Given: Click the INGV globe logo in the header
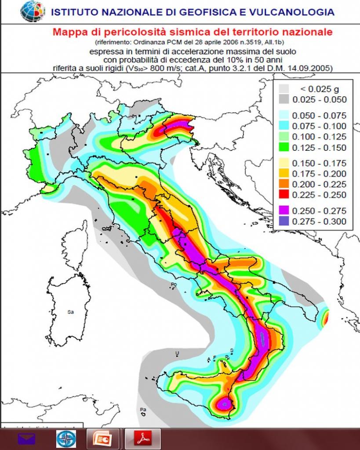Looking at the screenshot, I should point(33,11).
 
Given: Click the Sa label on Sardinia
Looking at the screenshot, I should point(70,312).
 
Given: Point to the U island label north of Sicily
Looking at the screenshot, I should point(178,353).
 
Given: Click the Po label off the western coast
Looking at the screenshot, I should point(174,285).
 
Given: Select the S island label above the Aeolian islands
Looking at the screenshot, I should point(231,350).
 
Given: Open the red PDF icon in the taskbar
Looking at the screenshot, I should point(143,439).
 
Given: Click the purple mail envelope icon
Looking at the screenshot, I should point(26,439).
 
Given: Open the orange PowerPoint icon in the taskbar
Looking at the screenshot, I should point(102,439).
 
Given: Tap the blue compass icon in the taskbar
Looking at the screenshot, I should point(66,439).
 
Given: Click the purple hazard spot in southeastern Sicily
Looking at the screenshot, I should point(225,402).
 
